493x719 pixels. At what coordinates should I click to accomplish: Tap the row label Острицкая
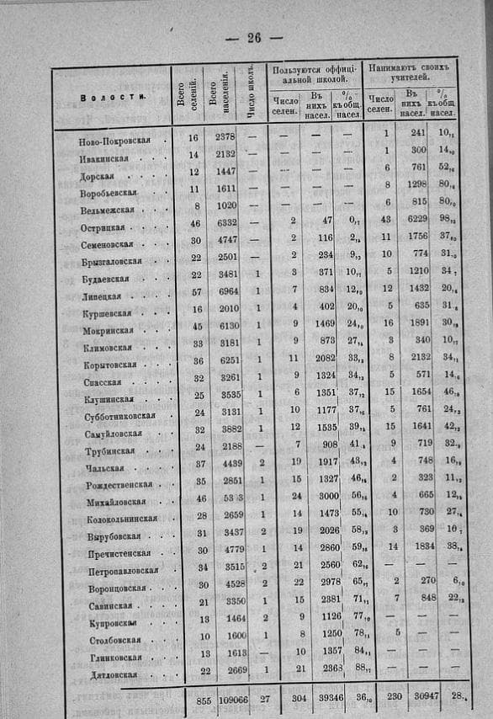click(104, 227)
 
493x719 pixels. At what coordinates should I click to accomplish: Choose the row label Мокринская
click(109, 331)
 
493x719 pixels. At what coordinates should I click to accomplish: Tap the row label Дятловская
click(111, 674)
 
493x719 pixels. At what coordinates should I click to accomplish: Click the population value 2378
click(225, 136)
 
